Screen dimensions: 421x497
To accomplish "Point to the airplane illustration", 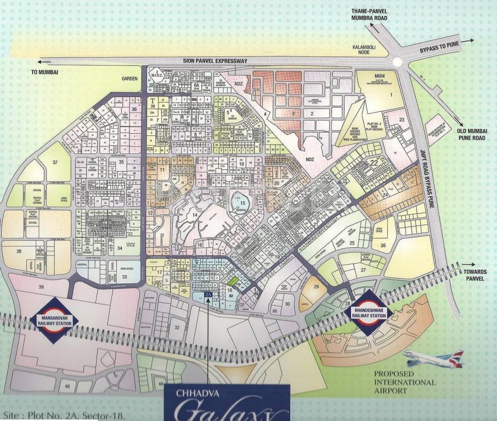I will tap(433, 359).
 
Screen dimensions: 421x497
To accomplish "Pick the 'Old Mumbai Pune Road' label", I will tap(475, 132).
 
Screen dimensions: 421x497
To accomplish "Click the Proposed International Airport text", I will tap(405, 382).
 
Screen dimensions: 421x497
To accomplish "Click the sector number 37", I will tap(55, 162).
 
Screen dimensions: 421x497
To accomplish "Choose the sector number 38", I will tap(19, 252).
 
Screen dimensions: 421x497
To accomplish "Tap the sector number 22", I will tap(374, 162).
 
